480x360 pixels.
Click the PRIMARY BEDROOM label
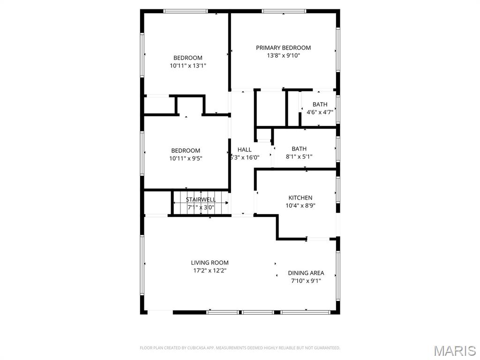(283, 48)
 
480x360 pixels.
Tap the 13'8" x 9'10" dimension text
(283, 55)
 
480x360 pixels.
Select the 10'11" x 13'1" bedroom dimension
(188, 66)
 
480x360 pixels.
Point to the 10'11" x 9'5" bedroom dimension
(186, 158)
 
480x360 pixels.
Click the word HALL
(244, 150)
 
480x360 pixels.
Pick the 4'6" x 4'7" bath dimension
(320, 112)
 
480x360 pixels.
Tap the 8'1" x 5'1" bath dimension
(299, 157)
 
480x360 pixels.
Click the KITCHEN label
(300, 198)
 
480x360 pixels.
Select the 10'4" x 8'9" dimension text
(300, 205)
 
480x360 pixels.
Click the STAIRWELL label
(201, 200)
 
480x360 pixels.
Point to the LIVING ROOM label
(210, 263)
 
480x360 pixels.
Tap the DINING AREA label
(306, 273)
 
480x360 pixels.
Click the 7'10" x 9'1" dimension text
(306, 281)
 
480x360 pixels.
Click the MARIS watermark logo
(454, 351)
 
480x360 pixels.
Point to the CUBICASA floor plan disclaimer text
(240, 348)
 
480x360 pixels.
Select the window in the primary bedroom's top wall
(284, 11)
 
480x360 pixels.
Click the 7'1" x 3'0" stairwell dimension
(201, 207)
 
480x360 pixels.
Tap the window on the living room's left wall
(142, 265)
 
